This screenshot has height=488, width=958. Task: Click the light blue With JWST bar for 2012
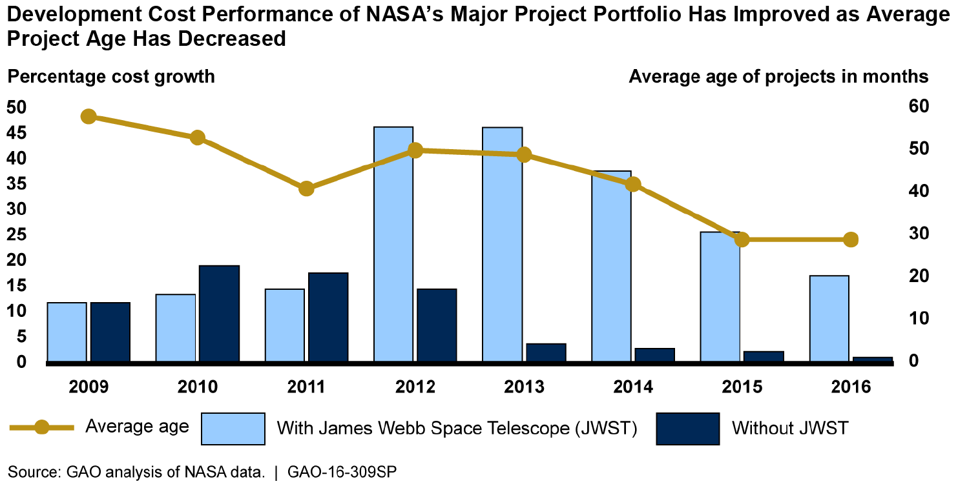click(x=393, y=245)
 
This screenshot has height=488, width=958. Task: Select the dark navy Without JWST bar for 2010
click(x=219, y=314)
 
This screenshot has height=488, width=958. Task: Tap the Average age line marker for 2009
click(x=89, y=117)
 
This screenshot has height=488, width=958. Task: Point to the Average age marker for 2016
click(x=851, y=239)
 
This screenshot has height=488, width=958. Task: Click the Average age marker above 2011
click(x=307, y=188)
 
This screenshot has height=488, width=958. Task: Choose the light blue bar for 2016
click(x=829, y=319)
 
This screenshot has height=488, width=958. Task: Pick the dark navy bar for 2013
click(x=546, y=353)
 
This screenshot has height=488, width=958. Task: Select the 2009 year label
click(x=88, y=387)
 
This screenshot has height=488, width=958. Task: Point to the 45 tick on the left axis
click(x=17, y=133)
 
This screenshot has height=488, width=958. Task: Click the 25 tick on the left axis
click(x=17, y=235)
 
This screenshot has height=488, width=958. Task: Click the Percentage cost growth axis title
click(x=110, y=77)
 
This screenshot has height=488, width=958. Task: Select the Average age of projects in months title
click(x=778, y=77)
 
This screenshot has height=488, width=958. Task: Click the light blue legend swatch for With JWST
click(x=233, y=429)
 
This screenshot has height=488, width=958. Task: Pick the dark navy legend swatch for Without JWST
click(x=687, y=429)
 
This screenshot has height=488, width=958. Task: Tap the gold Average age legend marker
click(x=42, y=427)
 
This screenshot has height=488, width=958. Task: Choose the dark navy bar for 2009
click(x=110, y=332)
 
